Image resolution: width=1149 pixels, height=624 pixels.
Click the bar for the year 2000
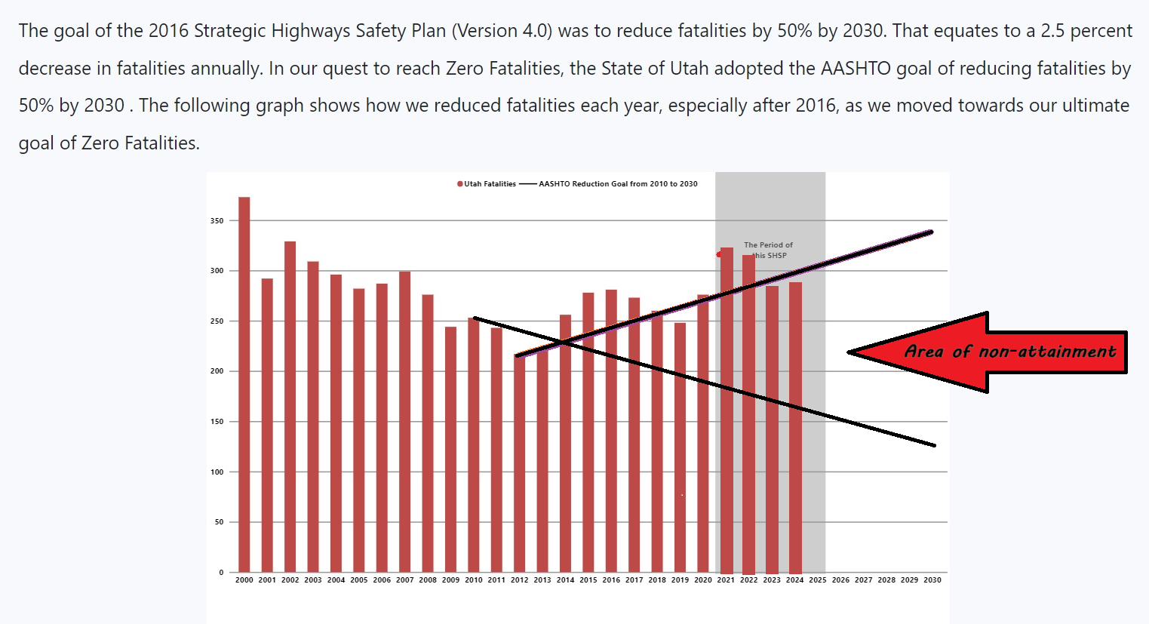coord(244,385)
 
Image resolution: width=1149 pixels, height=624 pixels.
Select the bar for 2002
coord(290,407)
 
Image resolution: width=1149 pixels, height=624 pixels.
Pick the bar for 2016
coord(611,431)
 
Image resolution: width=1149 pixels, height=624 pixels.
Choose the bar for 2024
coord(795,427)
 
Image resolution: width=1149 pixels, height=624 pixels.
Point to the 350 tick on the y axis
coord(217,221)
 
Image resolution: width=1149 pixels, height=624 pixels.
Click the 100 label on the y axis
coord(217,472)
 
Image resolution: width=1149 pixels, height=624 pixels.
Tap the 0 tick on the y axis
coord(221,573)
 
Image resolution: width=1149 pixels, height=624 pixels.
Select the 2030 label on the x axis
coord(932,580)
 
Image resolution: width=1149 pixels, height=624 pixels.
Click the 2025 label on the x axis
coord(818,580)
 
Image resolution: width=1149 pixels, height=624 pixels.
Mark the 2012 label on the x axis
coord(519,580)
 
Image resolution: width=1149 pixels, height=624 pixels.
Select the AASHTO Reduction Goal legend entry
coord(617,184)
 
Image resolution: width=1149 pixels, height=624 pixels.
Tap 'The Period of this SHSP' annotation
coord(768,250)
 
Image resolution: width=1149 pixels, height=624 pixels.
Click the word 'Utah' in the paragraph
coord(689,69)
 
